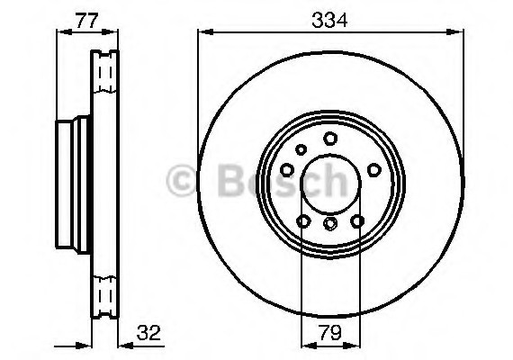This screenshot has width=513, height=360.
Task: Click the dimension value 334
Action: pyautogui.click(x=330, y=18)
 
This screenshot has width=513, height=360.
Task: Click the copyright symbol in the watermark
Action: pyautogui.click(x=187, y=183)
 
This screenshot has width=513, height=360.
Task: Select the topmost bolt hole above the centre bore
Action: pyautogui.click(x=330, y=138)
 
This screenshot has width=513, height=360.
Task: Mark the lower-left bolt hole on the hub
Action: pyautogui.click(x=302, y=220)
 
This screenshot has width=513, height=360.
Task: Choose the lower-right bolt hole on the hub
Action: pyautogui.click(x=357, y=220)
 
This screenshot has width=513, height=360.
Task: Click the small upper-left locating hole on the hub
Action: pyautogui.click(x=301, y=150)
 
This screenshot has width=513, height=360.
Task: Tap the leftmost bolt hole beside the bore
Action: pyautogui.click(x=286, y=168)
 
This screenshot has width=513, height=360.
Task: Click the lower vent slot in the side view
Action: pyautogui.click(x=105, y=293)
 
